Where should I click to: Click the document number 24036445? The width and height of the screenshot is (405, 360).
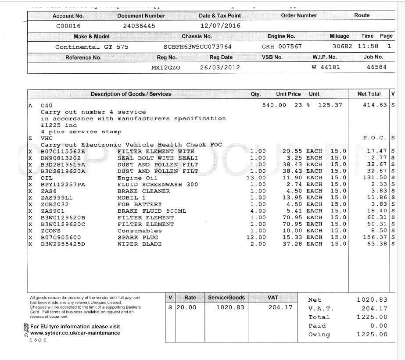(139, 26)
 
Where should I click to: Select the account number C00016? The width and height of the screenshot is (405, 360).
(68, 26)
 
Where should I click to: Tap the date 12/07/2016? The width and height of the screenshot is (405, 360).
(220, 26)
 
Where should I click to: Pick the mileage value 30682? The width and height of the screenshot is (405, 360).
(342, 47)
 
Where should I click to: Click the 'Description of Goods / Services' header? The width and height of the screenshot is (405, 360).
(131, 94)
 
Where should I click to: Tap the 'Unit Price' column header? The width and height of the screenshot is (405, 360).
(288, 94)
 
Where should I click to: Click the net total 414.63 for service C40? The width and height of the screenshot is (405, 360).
(375, 105)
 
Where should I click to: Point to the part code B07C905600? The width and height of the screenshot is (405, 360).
(61, 237)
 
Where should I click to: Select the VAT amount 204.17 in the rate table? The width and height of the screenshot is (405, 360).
(280, 307)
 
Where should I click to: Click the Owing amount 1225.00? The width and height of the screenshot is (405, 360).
(372, 335)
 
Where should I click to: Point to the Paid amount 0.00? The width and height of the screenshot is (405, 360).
(379, 326)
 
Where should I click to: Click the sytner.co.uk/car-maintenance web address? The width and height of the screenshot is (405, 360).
(75, 333)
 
